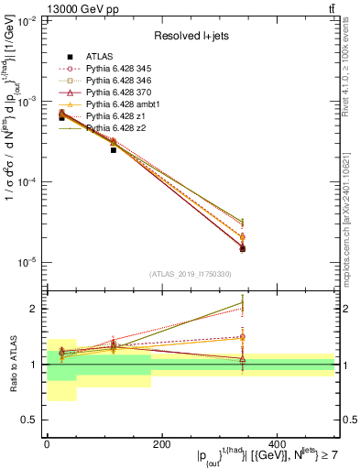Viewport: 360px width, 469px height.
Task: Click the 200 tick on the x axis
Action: [x=161, y=443]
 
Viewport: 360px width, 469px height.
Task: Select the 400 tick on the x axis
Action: [x=277, y=443]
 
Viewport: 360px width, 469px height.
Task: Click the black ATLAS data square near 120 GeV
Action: [x=114, y=149]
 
